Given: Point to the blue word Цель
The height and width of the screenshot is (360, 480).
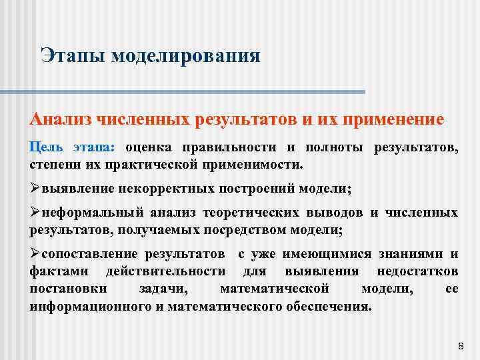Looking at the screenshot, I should click(x=46, y=147).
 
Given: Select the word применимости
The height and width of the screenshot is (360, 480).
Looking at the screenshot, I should click(x=258, y=164).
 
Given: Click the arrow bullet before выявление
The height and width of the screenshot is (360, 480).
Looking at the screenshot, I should click(x=35, y=189).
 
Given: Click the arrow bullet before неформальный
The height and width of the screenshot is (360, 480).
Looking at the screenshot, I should click(x=35, y=213).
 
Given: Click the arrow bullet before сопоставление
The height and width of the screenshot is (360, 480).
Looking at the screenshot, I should click(x=35, y=255).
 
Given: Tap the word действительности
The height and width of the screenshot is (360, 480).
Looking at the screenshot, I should click(x=169, y=272).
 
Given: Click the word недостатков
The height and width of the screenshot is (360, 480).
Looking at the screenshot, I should click(x=417, y=272).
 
